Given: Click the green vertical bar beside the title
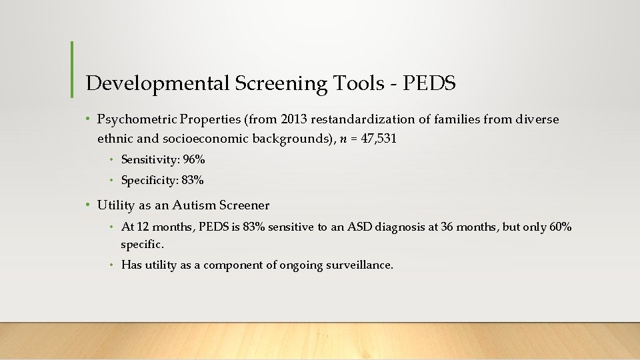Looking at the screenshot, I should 72,69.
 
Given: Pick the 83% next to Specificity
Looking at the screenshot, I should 192,180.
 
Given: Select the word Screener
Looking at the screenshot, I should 245,205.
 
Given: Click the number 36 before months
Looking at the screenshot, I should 429,227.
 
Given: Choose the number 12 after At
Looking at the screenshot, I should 141,227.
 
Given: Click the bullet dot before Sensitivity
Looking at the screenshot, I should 113,160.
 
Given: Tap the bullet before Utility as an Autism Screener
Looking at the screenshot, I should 89,205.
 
